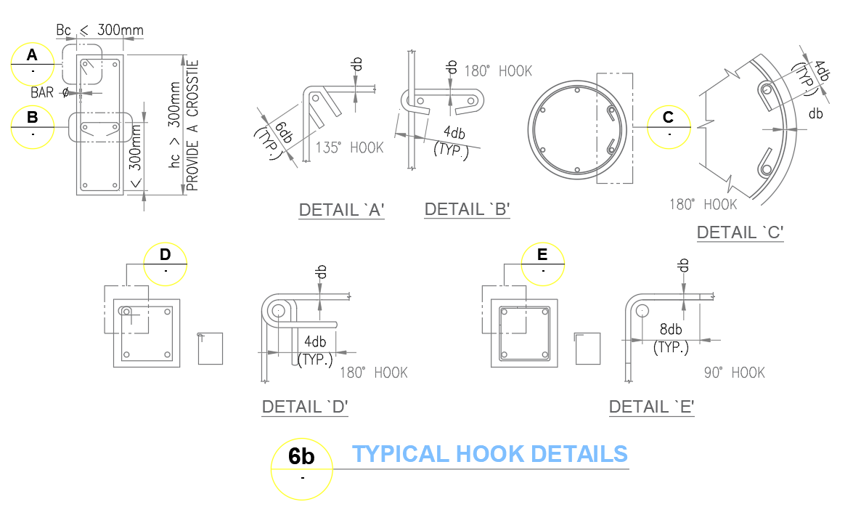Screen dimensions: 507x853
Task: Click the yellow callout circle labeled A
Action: pyautogui.click(x=32, y=64)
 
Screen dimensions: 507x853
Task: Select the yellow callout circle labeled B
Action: pyautogui.click(x=32, y=126)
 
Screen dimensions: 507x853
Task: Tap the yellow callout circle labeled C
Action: pyautogui.click(x=668, y=126)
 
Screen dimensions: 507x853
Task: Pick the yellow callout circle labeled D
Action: pyautogui.click(x=166, y=263)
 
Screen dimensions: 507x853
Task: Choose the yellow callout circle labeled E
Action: pyautogui.click(x=544, y=263)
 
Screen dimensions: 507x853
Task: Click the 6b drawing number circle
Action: pyautogui.click(x=302, y=469)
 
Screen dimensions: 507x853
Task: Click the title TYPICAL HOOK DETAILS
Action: pyautogui.click(x=490, y=454)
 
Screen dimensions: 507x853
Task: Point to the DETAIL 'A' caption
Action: pyautogui.click(x=341, y=211)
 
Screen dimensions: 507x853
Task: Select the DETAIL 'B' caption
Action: pyautogui.click(x=467, y=210)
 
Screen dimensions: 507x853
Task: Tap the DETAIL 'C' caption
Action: pyautogui.click(x=740, y=233)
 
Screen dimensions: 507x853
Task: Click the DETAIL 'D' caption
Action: pyautogui.click(x=305, y=407)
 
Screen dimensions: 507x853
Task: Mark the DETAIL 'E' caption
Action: pyautogui.click(x=652, y=407)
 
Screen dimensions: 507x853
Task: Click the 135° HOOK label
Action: pyautogui.click(x=349, y=147)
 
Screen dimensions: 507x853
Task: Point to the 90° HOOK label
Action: pyautogui.click(x=734, y=373)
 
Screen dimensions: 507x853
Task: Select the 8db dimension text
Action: pyautogui.click(x=670, y=328)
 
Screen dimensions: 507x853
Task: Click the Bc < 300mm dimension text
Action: pyautogui.click(x=99, y=31)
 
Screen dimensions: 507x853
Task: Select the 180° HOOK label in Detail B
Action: pyautogui.click(x=498, y=71)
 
